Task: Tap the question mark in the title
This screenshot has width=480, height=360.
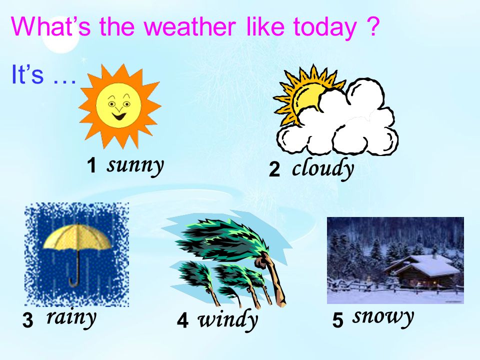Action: (x=372, y=26)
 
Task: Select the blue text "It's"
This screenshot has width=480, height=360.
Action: (x=27, y=74)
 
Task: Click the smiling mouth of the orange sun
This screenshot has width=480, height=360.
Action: (x=119, y=116)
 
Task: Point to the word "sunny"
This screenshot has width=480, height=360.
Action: (x=135, y=165)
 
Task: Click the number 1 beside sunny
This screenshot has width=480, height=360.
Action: (x=91, y=165)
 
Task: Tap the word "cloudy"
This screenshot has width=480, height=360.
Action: (x=323, y=168)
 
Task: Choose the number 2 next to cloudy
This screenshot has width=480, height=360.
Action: (x=274, y=169)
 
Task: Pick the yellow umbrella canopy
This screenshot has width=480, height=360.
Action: (x=77, y=237)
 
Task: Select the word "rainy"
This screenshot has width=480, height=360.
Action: (x=71, y=318)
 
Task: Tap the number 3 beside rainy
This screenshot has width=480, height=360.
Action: (x=27, y=320)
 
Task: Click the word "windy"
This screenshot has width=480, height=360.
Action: (x=228, y=320)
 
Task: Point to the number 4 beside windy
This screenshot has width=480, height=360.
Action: (x=182, y=321)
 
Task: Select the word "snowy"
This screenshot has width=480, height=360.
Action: (x=383, y=317)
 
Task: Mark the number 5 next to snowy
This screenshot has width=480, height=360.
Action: (x=337, y=320)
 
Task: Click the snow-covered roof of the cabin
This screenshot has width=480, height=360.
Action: (x=425, y=264)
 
